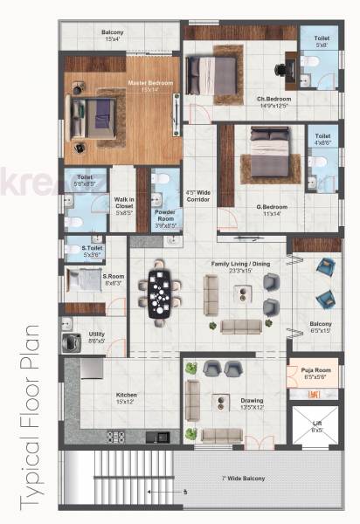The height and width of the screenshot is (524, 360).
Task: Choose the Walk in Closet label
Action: pos(123,205)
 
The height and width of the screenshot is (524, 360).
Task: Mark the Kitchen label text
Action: pos(126,397)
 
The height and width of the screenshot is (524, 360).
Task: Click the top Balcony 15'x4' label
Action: pos(112,35)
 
